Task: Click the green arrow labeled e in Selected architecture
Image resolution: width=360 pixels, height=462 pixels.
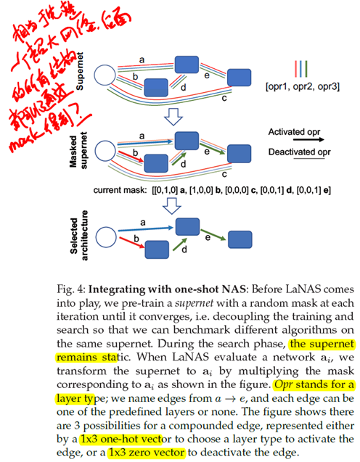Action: point(214,234)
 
